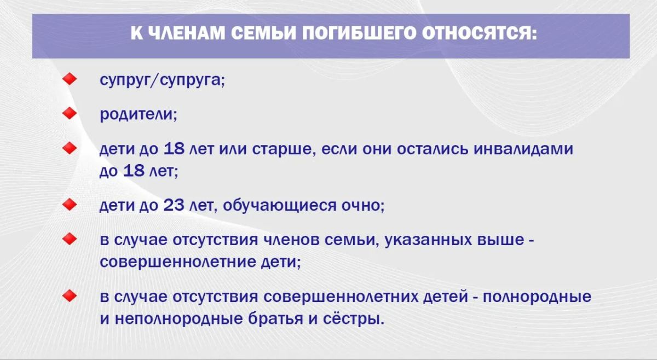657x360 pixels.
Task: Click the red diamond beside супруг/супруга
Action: [70, 79]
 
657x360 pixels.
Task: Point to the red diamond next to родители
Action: [70, 113]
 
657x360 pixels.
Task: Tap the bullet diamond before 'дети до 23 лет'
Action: [70, 204]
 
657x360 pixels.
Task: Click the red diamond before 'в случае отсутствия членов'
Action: [70, 239]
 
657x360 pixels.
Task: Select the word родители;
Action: [139, 114]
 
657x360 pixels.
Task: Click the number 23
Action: [174, 205]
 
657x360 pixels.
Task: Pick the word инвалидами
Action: [523, 149]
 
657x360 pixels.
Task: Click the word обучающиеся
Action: [279, 206]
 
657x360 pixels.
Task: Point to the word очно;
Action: [363, 206]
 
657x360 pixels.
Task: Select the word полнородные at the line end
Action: [537, 297]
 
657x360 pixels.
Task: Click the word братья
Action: [275, 318]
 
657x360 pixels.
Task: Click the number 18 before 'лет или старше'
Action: [174, 148]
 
